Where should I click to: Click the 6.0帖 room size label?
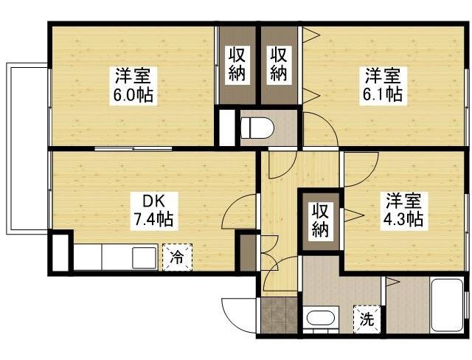[x=133, y=96]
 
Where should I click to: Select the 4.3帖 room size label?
[x=403, y=219]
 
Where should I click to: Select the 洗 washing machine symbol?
[x=366, y=319]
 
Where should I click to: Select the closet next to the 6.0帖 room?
[x=236, y=65]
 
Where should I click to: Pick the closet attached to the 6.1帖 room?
[x=278, y=65]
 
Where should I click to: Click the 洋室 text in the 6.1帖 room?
[x=383, y=76]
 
